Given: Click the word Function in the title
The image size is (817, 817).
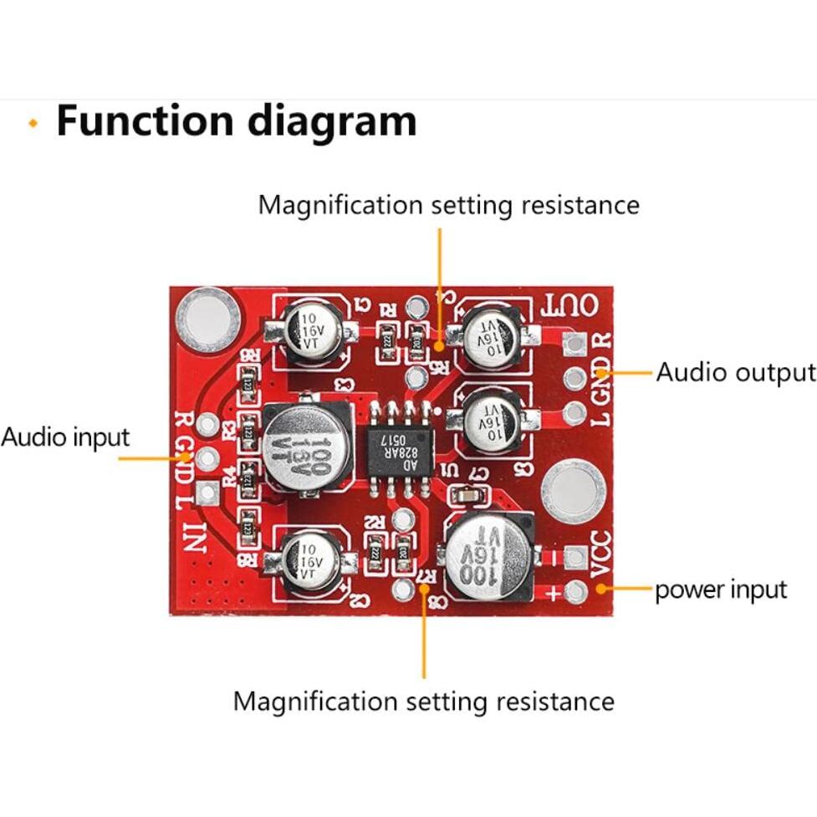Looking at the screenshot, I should (x=144, y=120).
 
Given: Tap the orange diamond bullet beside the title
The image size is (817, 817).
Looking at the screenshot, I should (x=33, y=123).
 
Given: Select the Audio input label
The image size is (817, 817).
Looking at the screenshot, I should (x=65, y=437).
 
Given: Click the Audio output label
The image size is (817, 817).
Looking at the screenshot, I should (x=735, y=372).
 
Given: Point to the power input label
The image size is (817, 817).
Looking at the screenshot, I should (x=720, y=590).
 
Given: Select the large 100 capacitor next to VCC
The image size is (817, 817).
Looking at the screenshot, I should (x=490, y=554).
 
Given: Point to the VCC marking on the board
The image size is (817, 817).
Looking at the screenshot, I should (x=601, y=554).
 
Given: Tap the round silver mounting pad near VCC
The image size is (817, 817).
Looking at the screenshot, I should (x=573, y=491).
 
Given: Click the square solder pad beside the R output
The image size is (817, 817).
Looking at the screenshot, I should (x=574, y=342).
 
